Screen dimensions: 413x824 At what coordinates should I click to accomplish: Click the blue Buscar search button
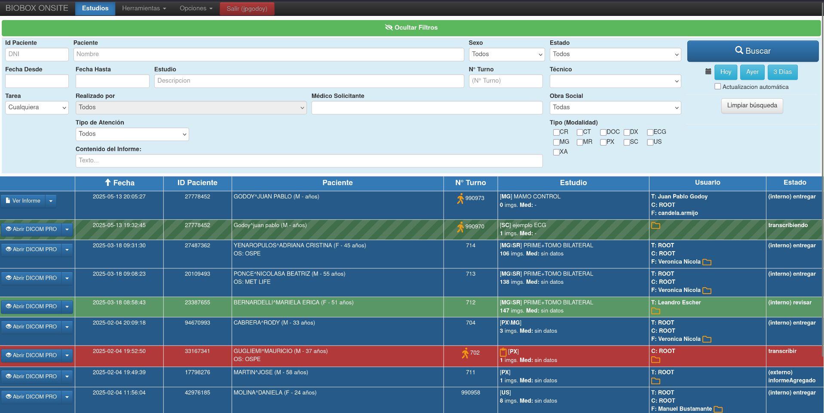(x=752, y=51)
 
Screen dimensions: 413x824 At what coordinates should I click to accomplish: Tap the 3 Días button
(x=782, y=72)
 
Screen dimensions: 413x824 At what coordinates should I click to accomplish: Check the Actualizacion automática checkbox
(x=717, y=86)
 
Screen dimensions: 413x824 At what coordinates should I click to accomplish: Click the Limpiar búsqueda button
(x=752, y=106)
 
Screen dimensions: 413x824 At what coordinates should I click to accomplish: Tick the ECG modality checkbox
(x=650, y=132)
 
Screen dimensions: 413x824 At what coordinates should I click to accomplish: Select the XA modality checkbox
(x=556, y=152)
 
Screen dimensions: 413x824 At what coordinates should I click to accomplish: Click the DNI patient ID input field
(x=37, y=54)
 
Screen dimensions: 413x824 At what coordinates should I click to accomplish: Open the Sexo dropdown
(x=507, y=54)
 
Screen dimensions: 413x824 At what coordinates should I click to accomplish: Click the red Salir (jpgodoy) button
(x=247, y=9)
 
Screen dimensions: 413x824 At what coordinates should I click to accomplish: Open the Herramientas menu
(x=144, y=8)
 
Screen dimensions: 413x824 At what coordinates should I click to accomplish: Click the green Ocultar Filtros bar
(x=411, y=27)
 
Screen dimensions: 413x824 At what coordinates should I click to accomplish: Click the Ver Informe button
(x=23, y=200)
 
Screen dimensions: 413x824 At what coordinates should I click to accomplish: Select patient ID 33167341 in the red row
(x=197, y=351)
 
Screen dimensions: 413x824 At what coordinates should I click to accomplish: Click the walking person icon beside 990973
(x=460, y=198)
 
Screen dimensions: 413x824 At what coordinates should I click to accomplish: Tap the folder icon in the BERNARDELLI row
(x=656, y=311)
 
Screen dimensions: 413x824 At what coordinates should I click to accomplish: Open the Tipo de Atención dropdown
(x=132, y=134)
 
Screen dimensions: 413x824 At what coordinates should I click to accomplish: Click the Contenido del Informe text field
(x=309, y=161)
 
